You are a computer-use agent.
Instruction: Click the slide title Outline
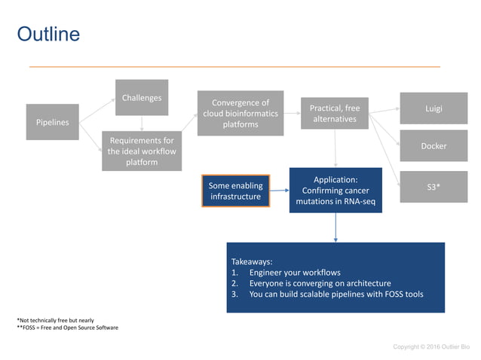point(48,35)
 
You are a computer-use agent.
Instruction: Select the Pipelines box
point(52,122)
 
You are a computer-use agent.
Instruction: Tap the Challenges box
point(142,97)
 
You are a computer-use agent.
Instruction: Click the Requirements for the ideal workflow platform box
point(142,151)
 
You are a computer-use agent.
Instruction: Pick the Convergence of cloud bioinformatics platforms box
point(240,114)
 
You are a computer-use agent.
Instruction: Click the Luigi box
point(434,108)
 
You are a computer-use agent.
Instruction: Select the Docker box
point(434,146)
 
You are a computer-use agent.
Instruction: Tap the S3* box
point(434,185)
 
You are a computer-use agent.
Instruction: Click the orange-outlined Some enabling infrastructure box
point(235,191)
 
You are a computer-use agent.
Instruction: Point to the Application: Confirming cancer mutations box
point(335,190)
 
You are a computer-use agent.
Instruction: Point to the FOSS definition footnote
point(67,328)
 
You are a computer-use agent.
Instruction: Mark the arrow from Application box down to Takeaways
point(335,227)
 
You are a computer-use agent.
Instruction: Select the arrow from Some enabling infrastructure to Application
point(280,191)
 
